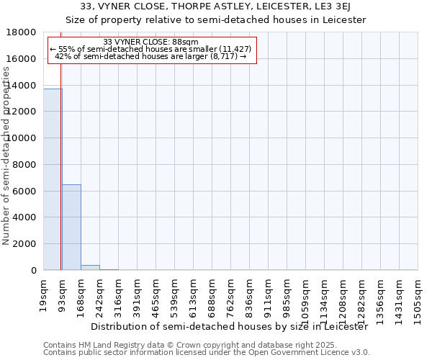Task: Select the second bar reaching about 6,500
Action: click(71, 227)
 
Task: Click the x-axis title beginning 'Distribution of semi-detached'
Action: click(230, 326)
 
